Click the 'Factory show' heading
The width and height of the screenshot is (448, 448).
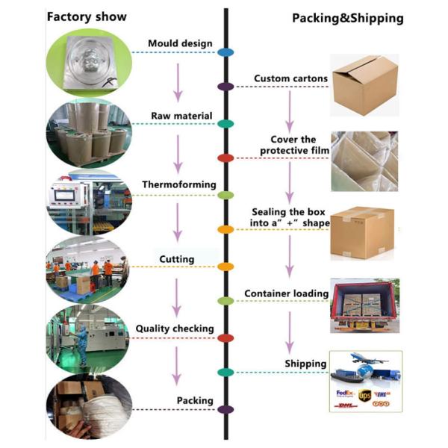point(87,16)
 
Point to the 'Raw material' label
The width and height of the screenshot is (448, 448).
point(181,116)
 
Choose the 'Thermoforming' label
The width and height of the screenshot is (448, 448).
point(179,184)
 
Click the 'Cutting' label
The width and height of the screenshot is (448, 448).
point(177,259)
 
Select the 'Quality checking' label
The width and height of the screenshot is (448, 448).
point(175,329)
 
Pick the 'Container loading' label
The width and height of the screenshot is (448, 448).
point(287,293)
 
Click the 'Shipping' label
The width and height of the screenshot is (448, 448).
point(306,364)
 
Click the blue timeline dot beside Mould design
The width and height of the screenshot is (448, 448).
point(225,52)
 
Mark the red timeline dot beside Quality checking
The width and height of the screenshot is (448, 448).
point(225,338)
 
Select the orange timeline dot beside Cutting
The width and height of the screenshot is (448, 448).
point(225,267)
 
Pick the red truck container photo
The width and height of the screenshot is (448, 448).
point(364,305)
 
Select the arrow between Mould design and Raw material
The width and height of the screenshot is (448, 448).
point(178,82)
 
